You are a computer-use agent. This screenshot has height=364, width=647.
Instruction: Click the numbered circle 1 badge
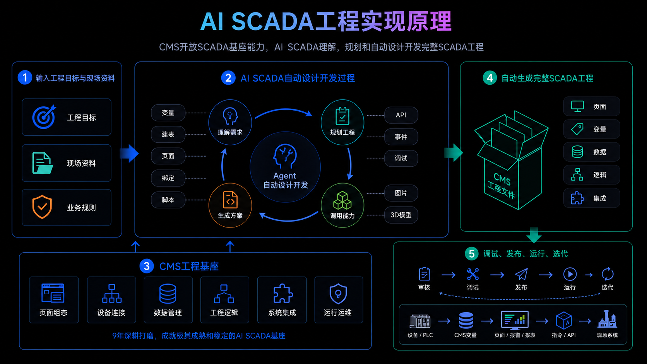pyautogui.click(x=25, y=77)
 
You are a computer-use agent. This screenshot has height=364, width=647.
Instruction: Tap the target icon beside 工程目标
pyautogui.click(x=44, y=117)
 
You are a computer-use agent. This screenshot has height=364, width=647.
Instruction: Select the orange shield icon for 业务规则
pyautogui.click(x=42, y=207)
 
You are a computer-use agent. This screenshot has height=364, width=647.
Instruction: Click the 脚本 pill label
pyautogui.click(x=168, y=200)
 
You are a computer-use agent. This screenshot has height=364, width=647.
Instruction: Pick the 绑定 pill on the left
pyautogui.click(x=168, y=178)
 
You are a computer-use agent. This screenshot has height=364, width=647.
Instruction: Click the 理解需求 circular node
pyautogui.click(x=230, y=122)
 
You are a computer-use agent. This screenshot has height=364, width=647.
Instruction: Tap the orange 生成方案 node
pyautogui.click(x=230, y=205)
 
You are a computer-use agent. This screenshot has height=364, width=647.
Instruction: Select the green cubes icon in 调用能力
pyautogui.click(x=342, y=200)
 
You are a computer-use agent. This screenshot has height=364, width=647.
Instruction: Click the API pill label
pyautogui.click(x=401, y=115)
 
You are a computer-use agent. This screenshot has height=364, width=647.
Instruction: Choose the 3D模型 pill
pyautogui.click(x=401, y=215)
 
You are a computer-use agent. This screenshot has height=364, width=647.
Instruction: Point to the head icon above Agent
pyautogui.click(x=285, y=156)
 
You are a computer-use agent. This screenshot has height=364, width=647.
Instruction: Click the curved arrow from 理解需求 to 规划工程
pyautogui.click(x=284, y=110)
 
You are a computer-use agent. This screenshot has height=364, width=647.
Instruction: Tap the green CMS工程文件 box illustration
pyautogui.click(x=512, y=160)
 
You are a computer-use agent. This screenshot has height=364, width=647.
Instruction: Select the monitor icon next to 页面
pyautogui.click(x=577, y=106)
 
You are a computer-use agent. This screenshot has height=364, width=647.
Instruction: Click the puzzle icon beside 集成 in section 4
pyautogui.click(x=577, y=198)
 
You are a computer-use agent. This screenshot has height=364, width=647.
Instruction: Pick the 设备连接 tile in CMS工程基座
pyautogui.click(x=111, y=300)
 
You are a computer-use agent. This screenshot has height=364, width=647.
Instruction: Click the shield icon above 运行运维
pyautogui.click(x=338, y=294)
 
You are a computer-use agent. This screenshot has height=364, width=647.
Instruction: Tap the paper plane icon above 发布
pyautogui.click(x=521, y=274)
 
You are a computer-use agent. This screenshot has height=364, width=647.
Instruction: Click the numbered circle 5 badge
pyautogui.click(x=471, y=253)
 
